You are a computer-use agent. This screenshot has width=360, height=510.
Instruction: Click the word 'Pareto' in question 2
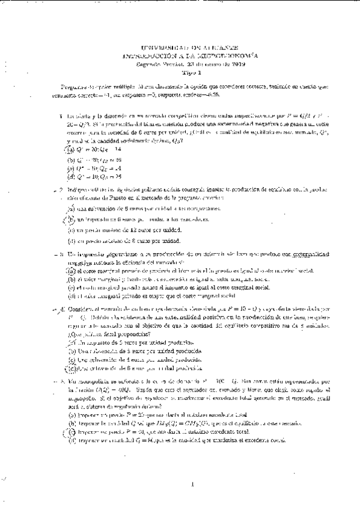pos(126,197)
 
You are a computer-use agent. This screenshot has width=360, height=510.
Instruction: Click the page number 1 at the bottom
pos(190,483)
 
